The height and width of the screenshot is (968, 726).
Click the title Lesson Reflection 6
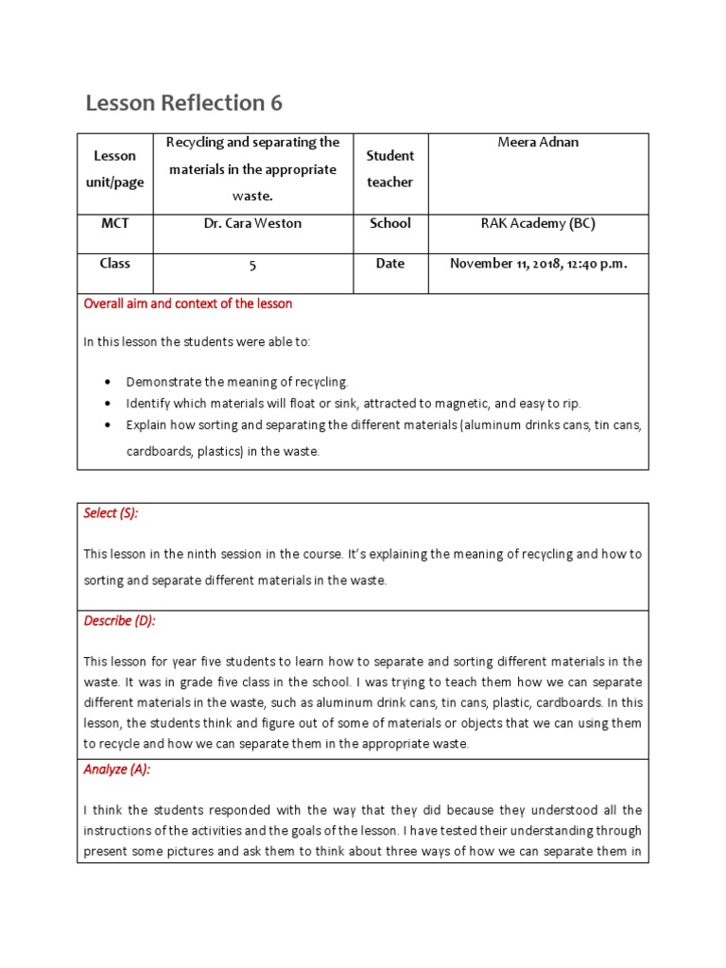click(x=183, y=103)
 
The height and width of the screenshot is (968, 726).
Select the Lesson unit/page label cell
click(x=114, y=169)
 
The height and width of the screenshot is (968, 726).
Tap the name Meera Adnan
click(x=538, y=143)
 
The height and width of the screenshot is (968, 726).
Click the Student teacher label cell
click(x=390, y=169)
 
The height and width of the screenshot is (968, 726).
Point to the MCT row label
click(x=114, y=224)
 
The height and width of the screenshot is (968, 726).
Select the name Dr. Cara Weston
click(x=252, y=224)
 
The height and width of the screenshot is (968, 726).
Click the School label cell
click(x=390, y=224)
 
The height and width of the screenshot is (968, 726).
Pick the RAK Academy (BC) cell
click(x=538, y=224)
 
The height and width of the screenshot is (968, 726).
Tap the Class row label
click(x=114, y=264)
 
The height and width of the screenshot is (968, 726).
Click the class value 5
click(x=252, y=266)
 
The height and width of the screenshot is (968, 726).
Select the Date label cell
click(x=390, y=264)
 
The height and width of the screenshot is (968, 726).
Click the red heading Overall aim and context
click(x=188, y=304)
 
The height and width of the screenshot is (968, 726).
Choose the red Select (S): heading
click(x=111, y=513)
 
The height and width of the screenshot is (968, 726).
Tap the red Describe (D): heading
click(x=119, y=621)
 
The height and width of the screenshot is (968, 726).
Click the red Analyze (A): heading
click(x=117, y=769)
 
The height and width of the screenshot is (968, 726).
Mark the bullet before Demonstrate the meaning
click(x=109, y=383)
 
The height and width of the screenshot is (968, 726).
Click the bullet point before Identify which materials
click(x=109, y=404)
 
